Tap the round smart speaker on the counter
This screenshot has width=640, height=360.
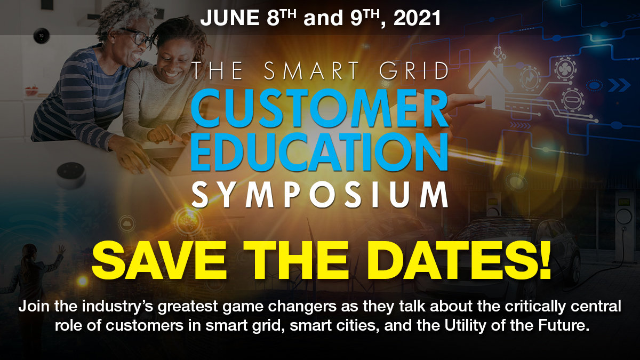(71, 174)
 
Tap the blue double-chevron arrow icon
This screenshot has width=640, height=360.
(619, 84)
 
